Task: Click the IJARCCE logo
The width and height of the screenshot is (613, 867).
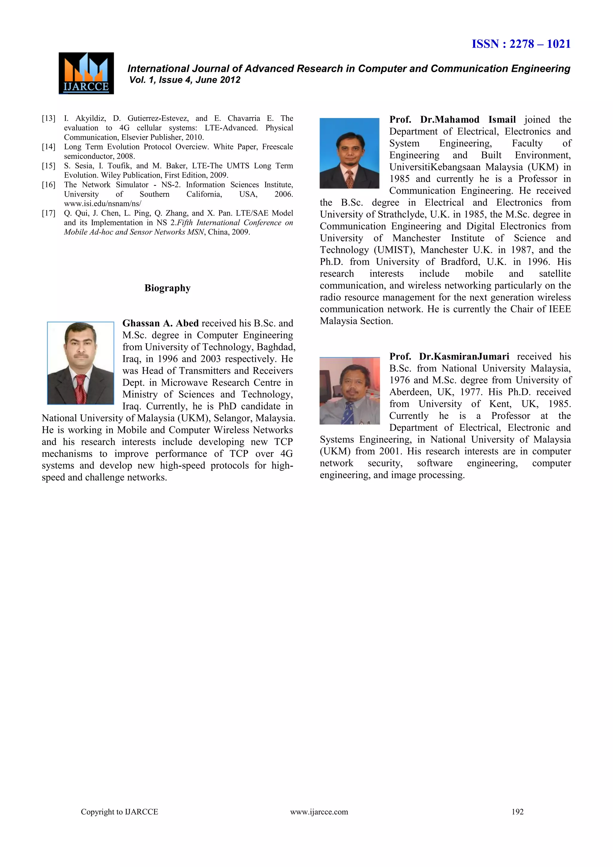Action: point(86,73)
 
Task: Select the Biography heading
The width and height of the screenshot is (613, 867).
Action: point(167,288)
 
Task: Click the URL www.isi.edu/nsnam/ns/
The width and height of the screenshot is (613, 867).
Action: point(102,204)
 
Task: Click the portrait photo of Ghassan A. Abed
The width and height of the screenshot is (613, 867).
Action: point(81,363)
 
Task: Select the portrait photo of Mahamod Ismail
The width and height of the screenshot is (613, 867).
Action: point(349,153)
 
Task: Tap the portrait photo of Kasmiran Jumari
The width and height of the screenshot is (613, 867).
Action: point(350,390)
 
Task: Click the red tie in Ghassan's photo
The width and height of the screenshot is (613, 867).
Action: point(81,389)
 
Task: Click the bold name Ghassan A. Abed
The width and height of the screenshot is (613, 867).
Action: point(160,323)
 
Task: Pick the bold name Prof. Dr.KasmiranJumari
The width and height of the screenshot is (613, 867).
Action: point(449,357)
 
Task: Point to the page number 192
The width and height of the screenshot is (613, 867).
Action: point(517,812)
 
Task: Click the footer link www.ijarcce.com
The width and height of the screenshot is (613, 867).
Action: point(319,812)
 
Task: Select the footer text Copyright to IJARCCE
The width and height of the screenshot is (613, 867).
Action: point(119,812)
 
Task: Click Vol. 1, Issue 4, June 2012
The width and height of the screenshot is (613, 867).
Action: point(185,80)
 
